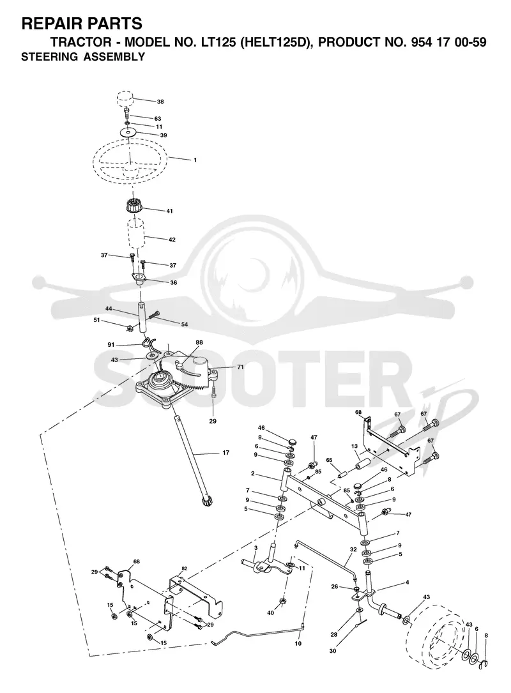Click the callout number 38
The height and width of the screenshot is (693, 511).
click(x=160, y=102)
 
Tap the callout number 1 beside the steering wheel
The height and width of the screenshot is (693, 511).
click(x=195, y=160)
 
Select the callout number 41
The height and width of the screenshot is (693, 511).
click(x=169, y=211)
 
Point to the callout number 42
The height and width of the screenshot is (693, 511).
click(x=172, y=240)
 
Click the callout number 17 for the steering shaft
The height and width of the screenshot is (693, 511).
click(x=226, y=453)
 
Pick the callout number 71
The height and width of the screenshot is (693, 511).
click(x=240, y=367)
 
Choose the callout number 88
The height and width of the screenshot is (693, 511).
click(x=199, y=342)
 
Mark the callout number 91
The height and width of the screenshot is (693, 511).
click(x=111, y=345)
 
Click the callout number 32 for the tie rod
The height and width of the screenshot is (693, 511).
click(x=353, y=550)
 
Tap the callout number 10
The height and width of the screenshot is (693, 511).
click(x=298, y=644)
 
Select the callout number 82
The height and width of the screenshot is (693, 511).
click(x=185, y=568)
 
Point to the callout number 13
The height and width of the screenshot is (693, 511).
click(x=354, y=446)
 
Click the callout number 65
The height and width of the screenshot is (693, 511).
click(x=329, y=460)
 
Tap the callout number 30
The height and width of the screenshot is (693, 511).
click(x=332, y=651)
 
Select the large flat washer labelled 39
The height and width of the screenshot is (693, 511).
click(x=128, y=132)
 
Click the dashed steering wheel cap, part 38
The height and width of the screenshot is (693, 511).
click(x=126, y=98)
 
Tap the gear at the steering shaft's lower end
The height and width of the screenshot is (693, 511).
click(x=206, y=502)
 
